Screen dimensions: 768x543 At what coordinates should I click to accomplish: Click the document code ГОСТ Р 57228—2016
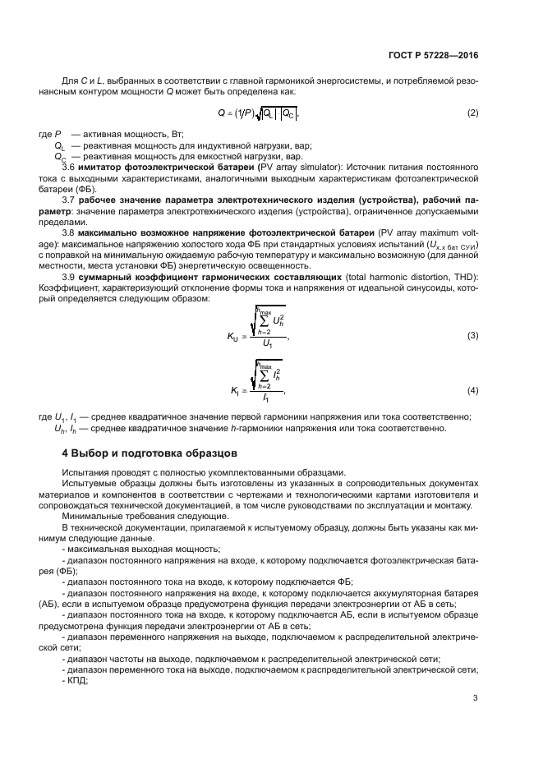tap(434, 55)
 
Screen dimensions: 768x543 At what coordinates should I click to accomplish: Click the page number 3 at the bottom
tap(476, 700)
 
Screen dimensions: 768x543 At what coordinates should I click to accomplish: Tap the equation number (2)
tap(472, 113)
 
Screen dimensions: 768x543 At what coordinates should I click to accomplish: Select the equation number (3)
tap(472, 335)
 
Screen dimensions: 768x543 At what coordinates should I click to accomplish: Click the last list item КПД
tap(76, 681)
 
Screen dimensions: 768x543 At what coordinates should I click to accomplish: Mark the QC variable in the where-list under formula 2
tap(60, 156)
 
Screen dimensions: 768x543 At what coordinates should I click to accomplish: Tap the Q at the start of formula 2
tap(221, 113)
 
